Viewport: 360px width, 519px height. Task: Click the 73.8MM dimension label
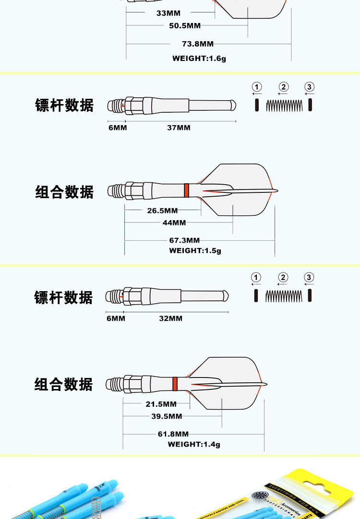(198, 44)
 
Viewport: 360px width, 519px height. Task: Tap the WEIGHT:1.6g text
(199, 59)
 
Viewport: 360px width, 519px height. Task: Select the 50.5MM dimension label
(185, 25)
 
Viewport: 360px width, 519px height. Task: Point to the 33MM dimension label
(168, 13)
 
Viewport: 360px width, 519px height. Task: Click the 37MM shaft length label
(179, 128)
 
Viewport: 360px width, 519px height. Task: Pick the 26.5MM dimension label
(162, 211)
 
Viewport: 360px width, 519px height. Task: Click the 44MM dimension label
(174, 223)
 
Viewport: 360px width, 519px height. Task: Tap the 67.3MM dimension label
(185, 240)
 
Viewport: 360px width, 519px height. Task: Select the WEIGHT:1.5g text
(195, 250)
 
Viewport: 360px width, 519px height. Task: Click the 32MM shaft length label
(171, 318)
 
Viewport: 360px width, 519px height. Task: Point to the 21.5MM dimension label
(161, 404)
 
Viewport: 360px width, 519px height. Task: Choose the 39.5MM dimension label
(167, 416)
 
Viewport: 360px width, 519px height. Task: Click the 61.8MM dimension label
(173, 434)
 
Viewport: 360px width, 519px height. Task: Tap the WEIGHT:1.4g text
(194, 445)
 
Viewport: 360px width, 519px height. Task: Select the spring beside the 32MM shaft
(283, 295)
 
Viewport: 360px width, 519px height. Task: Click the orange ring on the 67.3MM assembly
(186, 190)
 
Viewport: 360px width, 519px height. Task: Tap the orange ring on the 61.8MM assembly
(174, 383)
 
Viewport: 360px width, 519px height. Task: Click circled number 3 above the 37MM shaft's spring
(310, 87)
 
